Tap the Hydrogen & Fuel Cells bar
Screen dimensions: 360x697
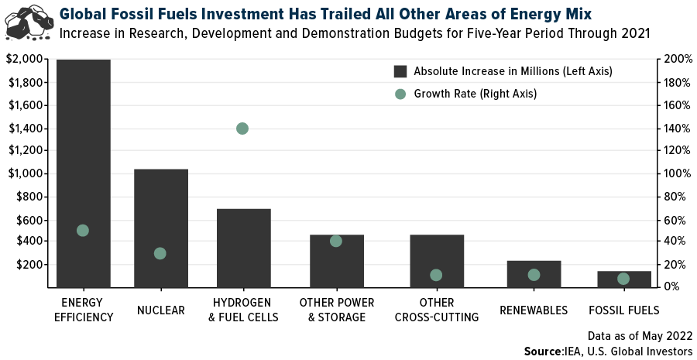pyautogui.click(x=243, y=255)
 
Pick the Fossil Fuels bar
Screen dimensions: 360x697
pyautogui.click(x=623, y=279)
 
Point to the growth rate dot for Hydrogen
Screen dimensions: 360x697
pyautogui.click(x=242, y=129)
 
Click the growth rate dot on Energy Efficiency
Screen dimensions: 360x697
pyautogui.click(x=83, y=230)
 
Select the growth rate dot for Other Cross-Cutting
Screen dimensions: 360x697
pyautogui.click(x=436, y=275)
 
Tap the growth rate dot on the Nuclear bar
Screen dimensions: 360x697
pyautogui.click(x=160, y=253)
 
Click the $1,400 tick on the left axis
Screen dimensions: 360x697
pyautogui.click(x=26, y=129)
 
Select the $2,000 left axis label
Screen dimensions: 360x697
pyautogui.click(x=26, y=60)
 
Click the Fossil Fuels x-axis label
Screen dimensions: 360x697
pyautogui.click(x=623, y=310)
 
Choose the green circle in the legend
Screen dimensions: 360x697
pyautogui.click(x=400, y=94)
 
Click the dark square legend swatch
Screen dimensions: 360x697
pyautogui.click(x=400, y=71)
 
